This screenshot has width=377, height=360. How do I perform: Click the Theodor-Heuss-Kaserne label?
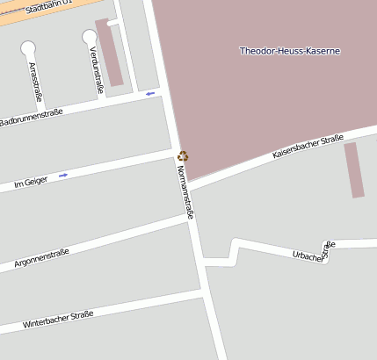(289, 51)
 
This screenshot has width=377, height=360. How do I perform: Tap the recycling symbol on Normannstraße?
(183, 156)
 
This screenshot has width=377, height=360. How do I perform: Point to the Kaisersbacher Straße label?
(307, 147)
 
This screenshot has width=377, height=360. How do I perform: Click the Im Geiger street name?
(31, 183)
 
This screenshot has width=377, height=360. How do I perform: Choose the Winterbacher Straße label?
(58, 320)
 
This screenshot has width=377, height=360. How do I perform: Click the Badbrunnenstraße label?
(32, 117)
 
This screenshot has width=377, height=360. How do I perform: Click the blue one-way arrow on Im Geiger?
(63, 176)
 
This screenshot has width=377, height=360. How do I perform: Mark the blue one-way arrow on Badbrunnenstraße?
(150, 93)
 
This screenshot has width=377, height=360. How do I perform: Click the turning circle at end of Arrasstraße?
(29, 48)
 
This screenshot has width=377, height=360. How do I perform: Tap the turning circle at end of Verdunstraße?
(90, 37)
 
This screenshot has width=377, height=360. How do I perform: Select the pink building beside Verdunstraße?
(110, 53)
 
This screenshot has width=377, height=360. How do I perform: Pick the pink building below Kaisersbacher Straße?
(353, 169)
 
